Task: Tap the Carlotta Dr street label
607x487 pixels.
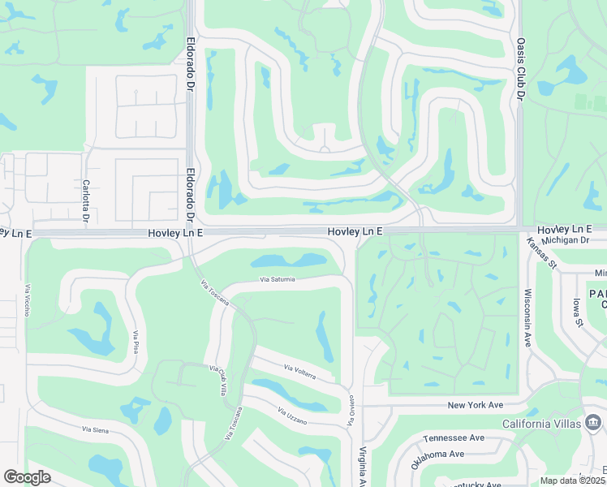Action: pyautogui.click(x=85, y=199)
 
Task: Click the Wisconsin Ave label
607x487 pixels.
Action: pyautogui.click(x=528, y=317)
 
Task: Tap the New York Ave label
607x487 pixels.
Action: pyautogui.click(x=476, y=404)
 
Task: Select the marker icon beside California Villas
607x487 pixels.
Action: pyautogui.click(x=594, y=422)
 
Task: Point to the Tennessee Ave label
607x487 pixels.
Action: pyautogui.click(x=454, y=438)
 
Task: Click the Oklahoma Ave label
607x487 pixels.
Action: pyautogui.click(x=437, y=459)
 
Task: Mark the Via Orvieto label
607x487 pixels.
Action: pyautogui.click(x=351, y=411)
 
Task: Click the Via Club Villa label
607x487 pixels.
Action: pyautogui.click(x=218, y=380)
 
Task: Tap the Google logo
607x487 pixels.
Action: pyautogui.click(x=27, y=477)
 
